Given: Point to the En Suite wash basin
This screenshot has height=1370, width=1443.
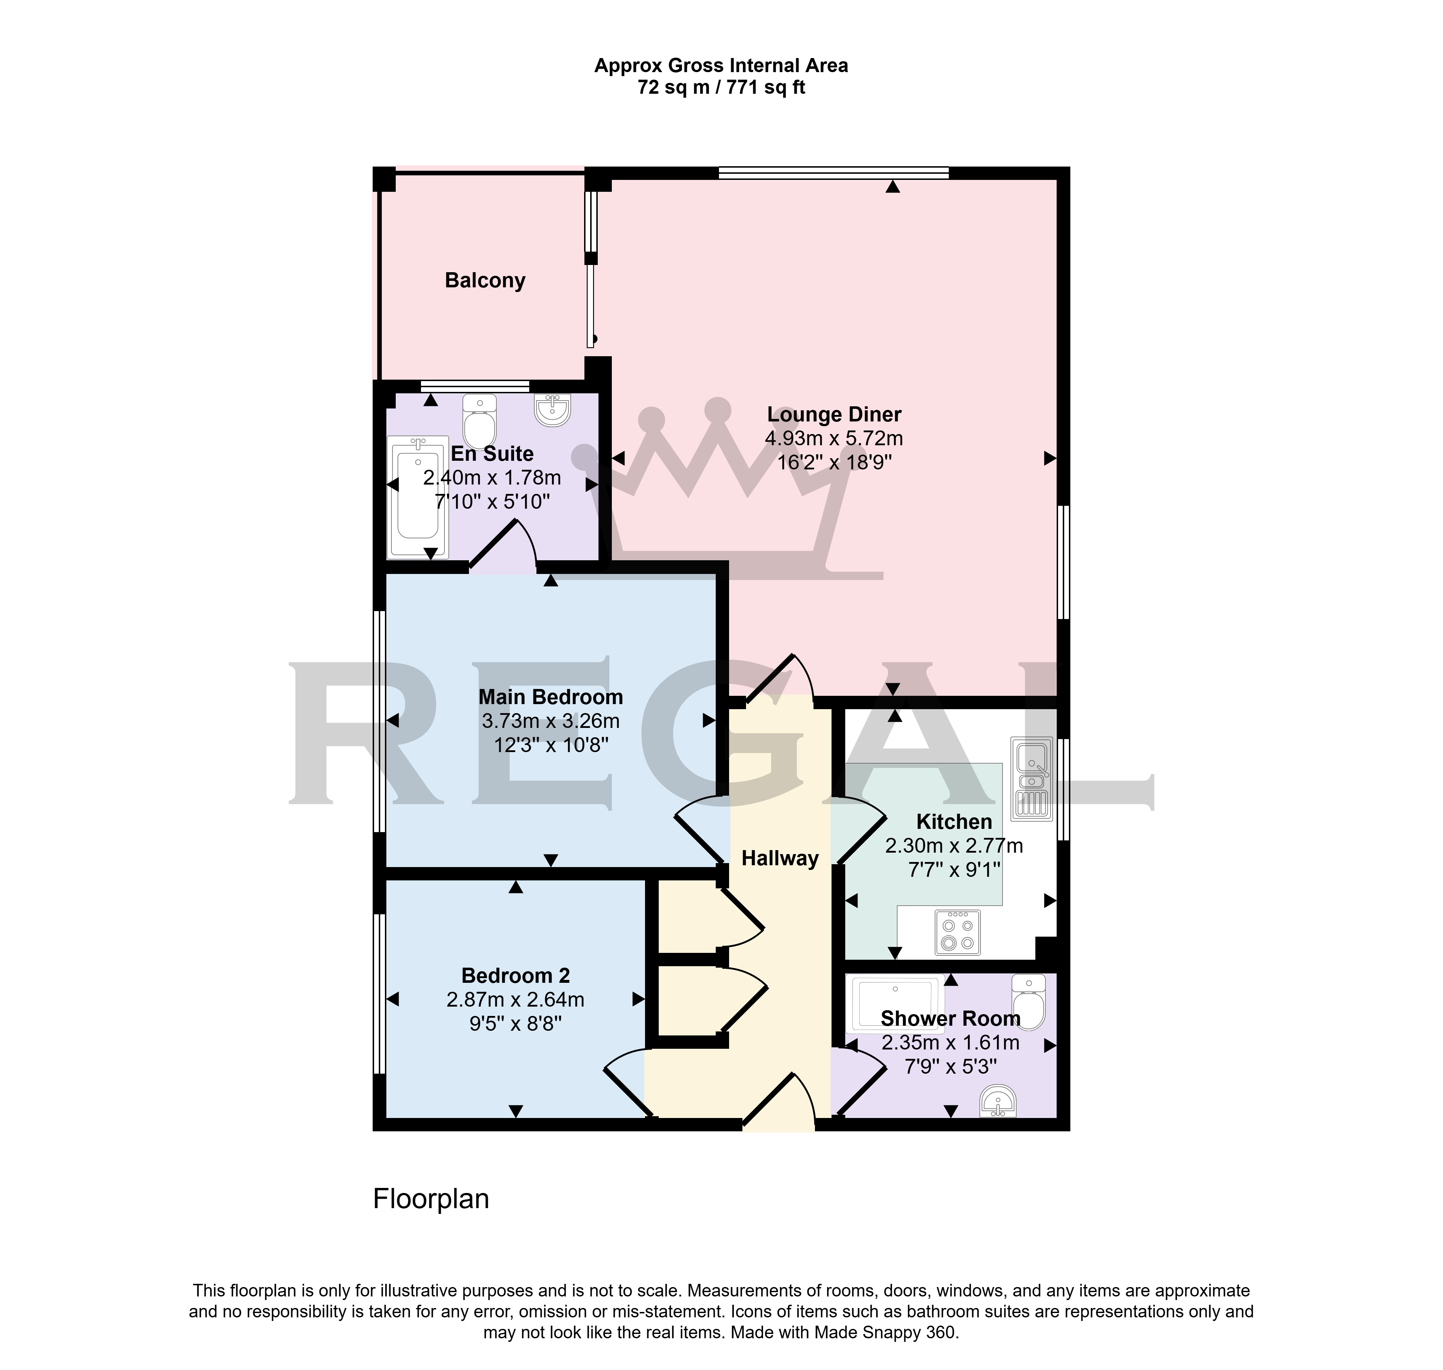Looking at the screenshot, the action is [x=552, y=410].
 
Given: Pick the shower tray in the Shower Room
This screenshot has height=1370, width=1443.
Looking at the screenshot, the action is [x=898, y=1005].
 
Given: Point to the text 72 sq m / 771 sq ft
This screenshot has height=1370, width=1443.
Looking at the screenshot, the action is [x=721, y=88].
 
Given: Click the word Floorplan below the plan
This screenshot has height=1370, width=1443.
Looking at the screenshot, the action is [x=431, y=1199].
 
